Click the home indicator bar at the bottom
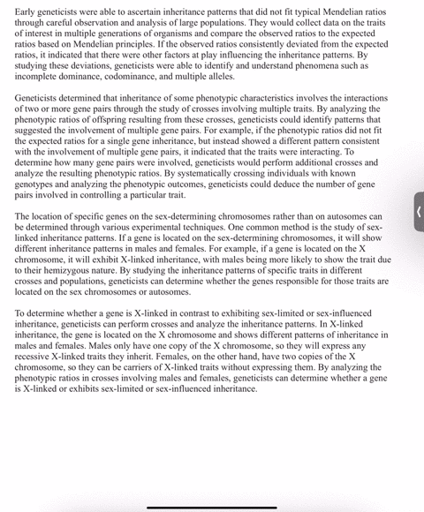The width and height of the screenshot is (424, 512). pyautogui.click(x=211, y=506)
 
